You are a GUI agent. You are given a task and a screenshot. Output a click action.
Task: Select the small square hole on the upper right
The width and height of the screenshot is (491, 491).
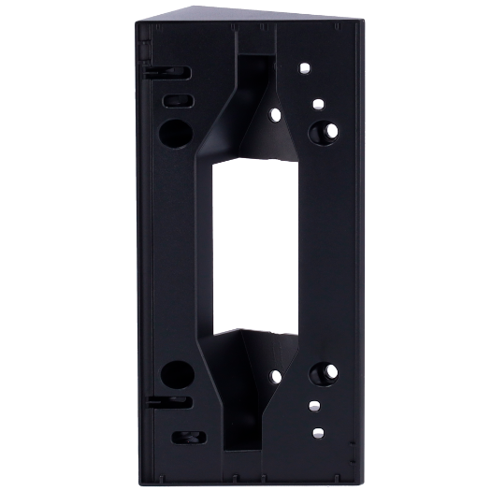(318, 103)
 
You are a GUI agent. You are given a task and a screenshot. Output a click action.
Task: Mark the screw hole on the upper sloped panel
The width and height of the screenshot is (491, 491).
(276, 113)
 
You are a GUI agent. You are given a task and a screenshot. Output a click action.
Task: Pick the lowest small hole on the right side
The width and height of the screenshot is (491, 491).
(318, 431)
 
